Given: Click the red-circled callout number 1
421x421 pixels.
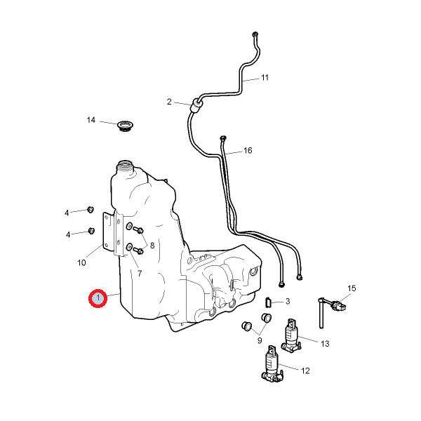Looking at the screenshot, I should click(x=98, y=299).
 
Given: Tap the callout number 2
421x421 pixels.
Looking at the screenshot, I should click(x=169, y=102).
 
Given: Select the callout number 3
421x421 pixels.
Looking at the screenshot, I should click(x=288, y=301).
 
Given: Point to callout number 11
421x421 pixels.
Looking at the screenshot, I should click(x=265, y=77).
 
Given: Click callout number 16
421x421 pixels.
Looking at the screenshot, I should click(x=247, y=151).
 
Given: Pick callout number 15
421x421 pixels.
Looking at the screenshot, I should click(x=352, y=288).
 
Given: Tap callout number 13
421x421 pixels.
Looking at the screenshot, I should click(x=325, y=343).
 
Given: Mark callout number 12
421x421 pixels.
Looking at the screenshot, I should click(x=305, y=370).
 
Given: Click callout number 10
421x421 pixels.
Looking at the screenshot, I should click(x=81, y=263).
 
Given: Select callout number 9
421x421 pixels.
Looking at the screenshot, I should click(x=259, y=341).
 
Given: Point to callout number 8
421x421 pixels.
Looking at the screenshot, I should click(x=152, y=246).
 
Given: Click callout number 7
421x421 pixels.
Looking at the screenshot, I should click(x=139, y=273).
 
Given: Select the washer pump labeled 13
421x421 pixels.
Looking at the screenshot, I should click(x=291, y=336).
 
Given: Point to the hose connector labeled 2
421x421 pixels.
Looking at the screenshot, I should click(x=196, y=105).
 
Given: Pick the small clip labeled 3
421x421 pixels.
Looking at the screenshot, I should click(x=268, y=302).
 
